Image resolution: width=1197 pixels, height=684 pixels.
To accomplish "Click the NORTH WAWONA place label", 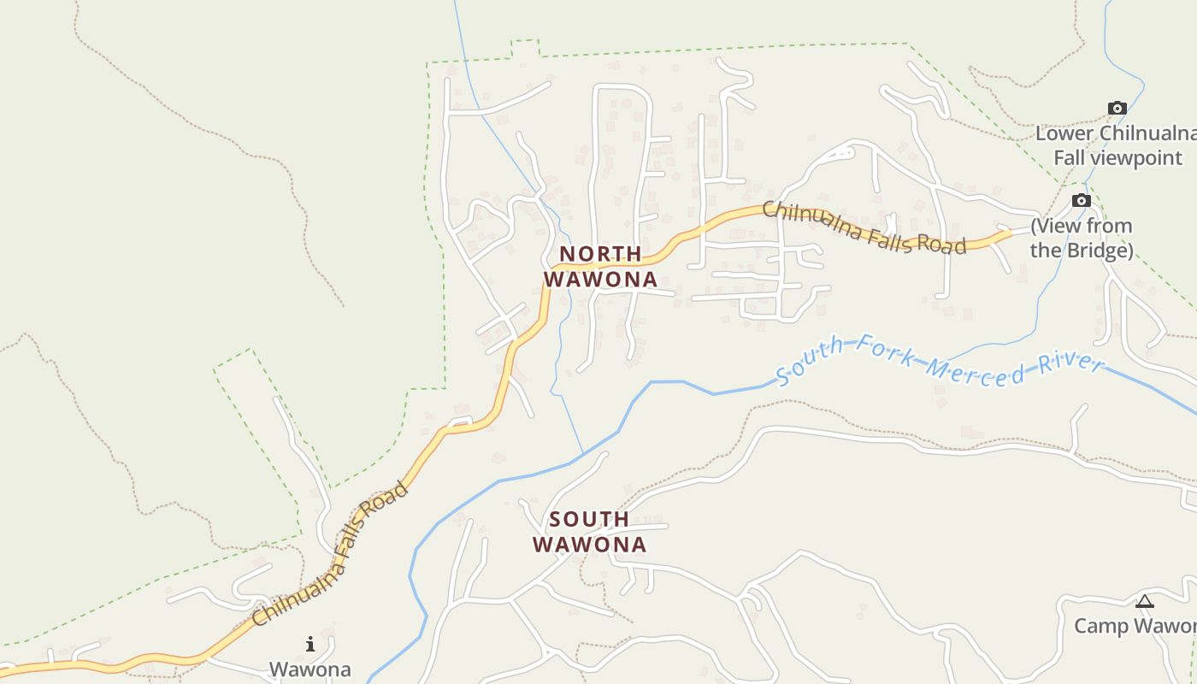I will [x=600, y=266].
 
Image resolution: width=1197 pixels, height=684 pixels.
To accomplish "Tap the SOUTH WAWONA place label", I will [x=589, y=531].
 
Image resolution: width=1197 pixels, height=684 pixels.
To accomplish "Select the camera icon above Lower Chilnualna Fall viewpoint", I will [x=1117, y=108].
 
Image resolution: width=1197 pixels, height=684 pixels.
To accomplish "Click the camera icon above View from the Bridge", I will [x=1082, y=200].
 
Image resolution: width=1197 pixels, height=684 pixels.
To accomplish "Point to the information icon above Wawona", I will [x=310, y=643].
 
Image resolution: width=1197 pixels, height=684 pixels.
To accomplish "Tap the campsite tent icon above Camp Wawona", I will [x=1145, y=602].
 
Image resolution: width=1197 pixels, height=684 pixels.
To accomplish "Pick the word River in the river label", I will [x=1068, y=363].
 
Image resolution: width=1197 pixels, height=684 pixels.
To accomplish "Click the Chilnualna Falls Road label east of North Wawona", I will [x=864, y=227].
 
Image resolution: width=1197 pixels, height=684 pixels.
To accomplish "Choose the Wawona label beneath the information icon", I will [x=310, y=669].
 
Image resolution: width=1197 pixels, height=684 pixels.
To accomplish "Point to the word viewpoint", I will [x=1142, y=158].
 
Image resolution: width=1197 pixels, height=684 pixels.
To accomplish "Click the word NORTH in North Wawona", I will [x=600, y=254].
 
